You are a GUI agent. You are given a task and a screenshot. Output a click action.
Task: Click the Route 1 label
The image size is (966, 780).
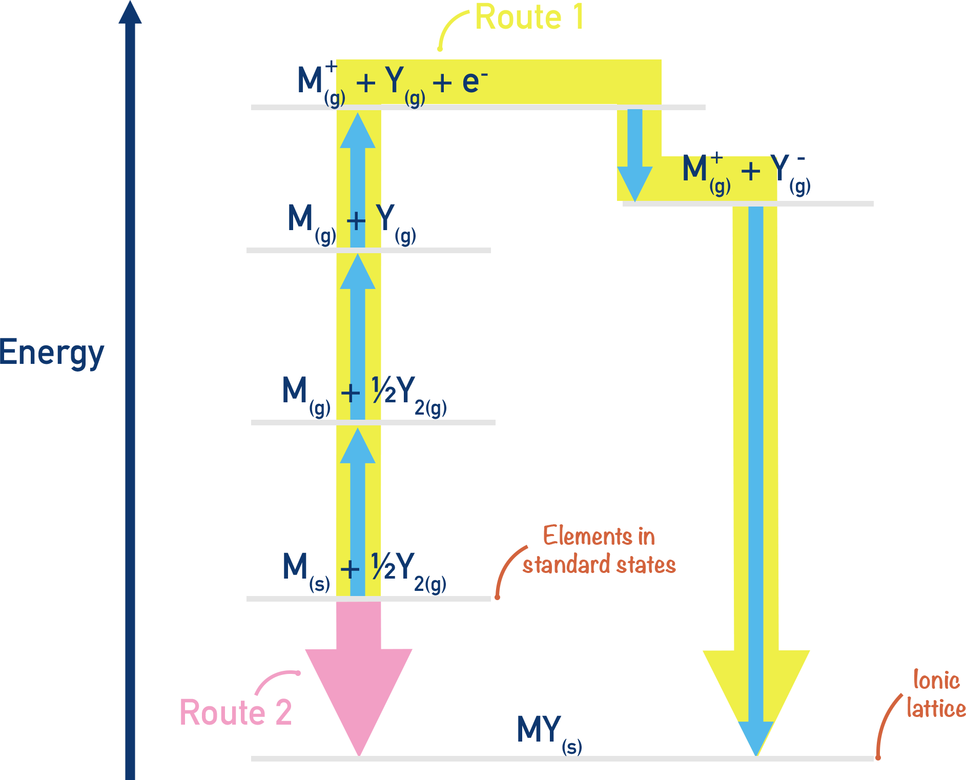coord(528,16)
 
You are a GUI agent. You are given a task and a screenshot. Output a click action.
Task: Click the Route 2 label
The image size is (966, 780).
coord(236,712)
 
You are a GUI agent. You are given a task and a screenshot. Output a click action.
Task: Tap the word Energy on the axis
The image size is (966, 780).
coord(52,354)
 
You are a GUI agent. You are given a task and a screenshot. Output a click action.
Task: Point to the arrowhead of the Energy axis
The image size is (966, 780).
coord(131,13)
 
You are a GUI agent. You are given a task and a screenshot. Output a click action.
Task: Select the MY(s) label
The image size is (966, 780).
coord(549,733)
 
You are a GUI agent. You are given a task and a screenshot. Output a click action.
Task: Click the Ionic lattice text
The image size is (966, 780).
coord(936,694)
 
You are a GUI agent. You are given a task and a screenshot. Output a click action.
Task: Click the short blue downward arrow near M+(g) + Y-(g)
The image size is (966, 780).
coord(634,154)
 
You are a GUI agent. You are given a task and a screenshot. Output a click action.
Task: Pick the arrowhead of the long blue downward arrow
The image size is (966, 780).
coord(755,738)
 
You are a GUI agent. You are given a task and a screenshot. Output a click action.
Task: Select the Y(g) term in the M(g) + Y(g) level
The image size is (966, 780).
coord(397,224)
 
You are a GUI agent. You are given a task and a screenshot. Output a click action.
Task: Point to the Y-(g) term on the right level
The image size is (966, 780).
coord(792,174)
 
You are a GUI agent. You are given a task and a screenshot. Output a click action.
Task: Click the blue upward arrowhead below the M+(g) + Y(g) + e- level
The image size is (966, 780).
coord(358,131)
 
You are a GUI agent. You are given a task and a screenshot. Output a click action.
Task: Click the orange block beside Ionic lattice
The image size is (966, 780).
coord(889,724)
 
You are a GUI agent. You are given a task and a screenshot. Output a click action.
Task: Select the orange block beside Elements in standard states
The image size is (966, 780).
coord(511,571)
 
